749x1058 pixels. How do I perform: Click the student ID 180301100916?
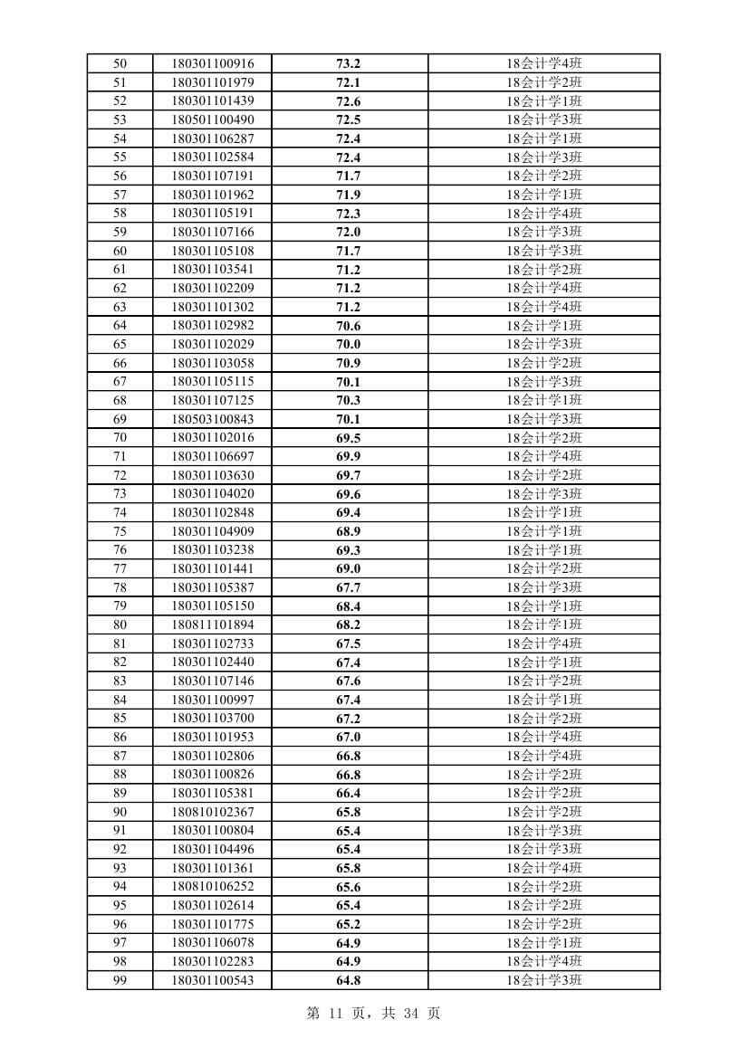(x=213, y=63)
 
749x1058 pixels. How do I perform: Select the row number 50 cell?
(x=120, y=63)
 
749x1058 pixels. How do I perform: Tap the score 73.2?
(x=349, y=63)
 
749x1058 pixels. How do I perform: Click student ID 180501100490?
(x=213, y=119)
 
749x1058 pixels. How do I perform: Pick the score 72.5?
(x=349, y=119)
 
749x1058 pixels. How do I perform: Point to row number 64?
(x=120, y=326)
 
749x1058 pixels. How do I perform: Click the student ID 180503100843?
(x=213, y=419)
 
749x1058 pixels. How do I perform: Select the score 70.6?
(x=349, y=326)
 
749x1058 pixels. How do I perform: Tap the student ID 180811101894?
(x=213, y=624)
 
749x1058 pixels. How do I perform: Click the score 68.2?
(x=349, y=624)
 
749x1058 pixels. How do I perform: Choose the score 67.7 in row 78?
(x=349, y=587)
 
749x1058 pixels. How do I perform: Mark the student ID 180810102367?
(x=213, y=812)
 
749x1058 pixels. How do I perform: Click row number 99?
(x=120, y=980)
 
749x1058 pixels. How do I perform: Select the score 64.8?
(x=349, y=980)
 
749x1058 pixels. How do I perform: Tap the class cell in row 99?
(x=543, y=980)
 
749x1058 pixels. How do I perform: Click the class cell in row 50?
(x=543, y=63)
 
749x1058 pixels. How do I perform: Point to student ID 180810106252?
(x=213, y=887)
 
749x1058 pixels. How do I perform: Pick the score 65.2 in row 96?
(x=349, y=924)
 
